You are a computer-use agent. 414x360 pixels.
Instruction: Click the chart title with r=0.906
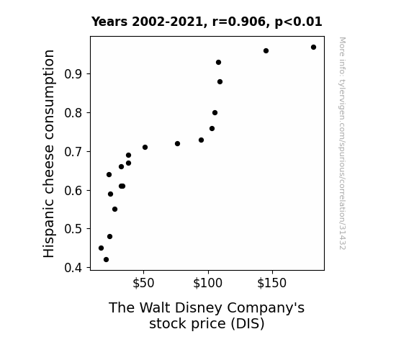207,22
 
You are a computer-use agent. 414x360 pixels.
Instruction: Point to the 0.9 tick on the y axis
73,74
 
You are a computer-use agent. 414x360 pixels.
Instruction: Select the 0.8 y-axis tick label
73,113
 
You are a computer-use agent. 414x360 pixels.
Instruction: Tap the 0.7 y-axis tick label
73,152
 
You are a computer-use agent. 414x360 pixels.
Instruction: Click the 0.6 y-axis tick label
73,190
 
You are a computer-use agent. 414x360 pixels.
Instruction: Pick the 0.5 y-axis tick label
73,229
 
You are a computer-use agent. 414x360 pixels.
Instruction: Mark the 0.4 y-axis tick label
73,268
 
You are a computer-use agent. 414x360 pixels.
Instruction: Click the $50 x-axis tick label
143,283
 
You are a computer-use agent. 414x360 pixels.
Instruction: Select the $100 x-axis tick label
208,283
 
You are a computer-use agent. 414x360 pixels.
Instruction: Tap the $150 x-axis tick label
272,283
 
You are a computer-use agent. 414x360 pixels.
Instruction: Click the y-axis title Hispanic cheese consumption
49,153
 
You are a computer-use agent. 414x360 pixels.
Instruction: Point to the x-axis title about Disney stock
207,315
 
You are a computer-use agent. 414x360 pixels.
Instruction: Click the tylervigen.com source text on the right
343,143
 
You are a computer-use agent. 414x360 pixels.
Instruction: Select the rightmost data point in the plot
313,48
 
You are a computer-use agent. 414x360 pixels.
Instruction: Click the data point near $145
266,50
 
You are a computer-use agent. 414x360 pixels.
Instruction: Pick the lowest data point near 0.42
106,260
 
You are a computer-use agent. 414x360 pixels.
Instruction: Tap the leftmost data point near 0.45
101,248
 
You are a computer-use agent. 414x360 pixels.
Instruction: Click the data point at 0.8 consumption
215,113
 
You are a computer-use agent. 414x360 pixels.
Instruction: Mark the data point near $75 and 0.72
177,144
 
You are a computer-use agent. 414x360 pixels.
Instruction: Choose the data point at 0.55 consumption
114,210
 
